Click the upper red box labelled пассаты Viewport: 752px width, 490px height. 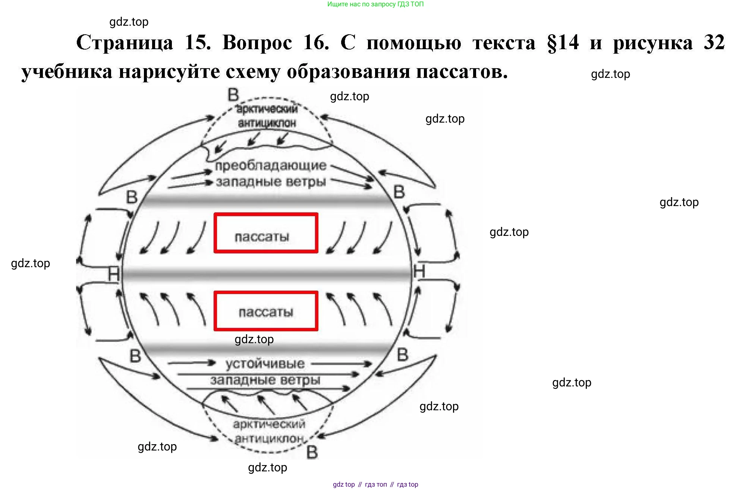(266, 233)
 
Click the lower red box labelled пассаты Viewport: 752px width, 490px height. (266, 311)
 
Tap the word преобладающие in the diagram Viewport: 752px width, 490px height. (271, 166)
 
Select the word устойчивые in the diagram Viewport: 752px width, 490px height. (265, 364)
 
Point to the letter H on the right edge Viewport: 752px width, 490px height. (419, 272)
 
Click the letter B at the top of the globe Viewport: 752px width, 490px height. (233, 95)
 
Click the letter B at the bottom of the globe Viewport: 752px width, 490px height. (312, 452)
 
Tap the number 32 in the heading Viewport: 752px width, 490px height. (714, 42)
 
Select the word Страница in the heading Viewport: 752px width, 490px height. (125, 42)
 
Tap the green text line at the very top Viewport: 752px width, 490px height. (375, 4)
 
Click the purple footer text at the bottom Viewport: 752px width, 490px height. (375, 484)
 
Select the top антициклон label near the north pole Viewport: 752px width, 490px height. (267, 123)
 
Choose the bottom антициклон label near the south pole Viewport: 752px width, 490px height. (269, 439)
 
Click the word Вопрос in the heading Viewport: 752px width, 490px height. (257, 42)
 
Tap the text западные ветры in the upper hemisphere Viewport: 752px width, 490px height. (271, 182)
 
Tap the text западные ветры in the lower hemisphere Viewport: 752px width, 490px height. (265, 380)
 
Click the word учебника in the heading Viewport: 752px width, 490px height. (67, 71)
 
